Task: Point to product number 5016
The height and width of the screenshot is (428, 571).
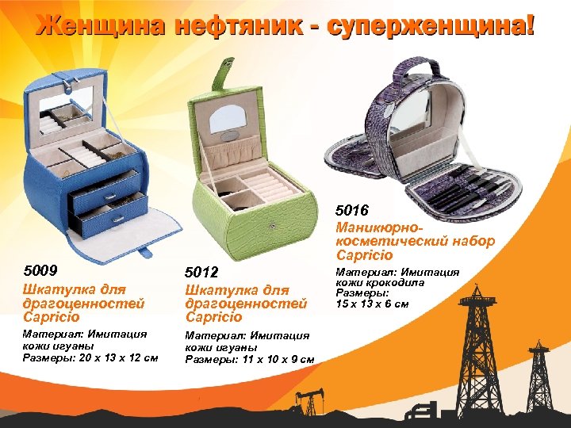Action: coord(352,211)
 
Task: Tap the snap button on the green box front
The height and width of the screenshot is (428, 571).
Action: coord(272,227)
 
